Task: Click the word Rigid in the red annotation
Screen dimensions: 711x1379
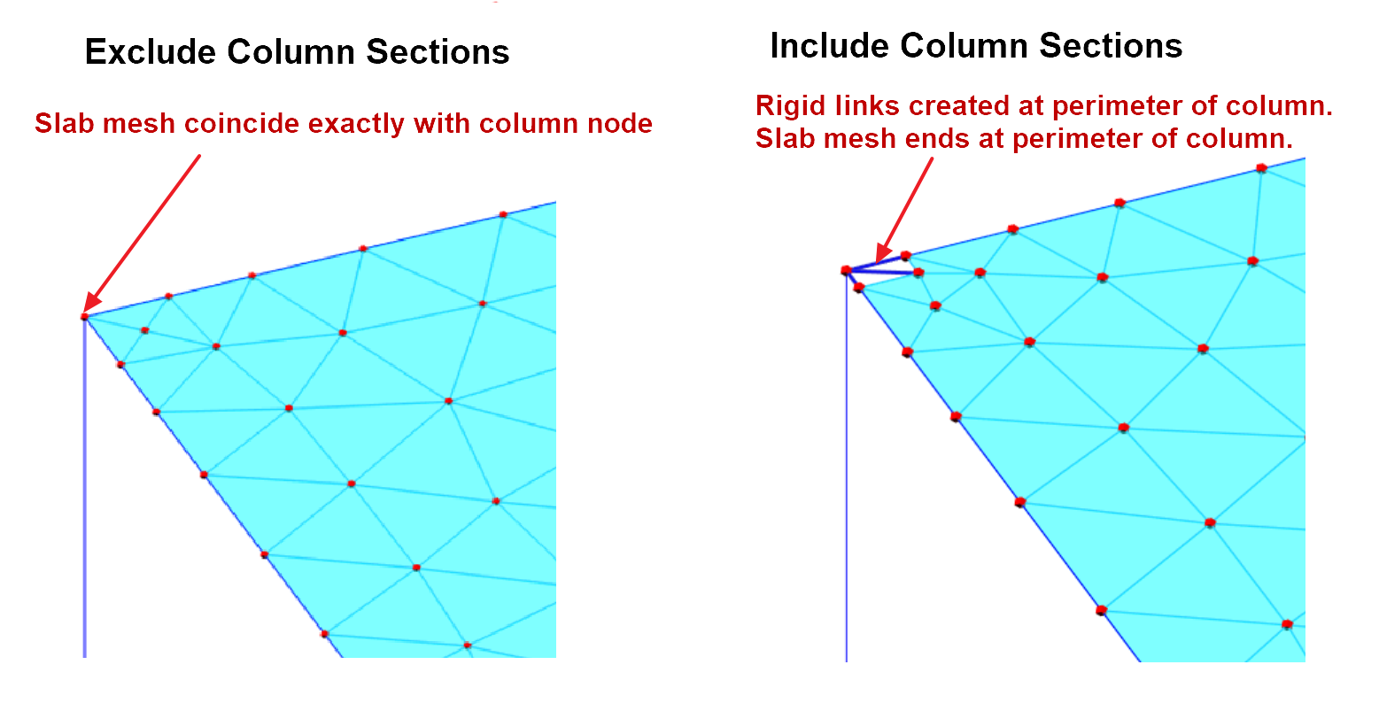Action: tap(785, 106)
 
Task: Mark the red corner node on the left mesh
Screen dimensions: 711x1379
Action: tap(85, 316)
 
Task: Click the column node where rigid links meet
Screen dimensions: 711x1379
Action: tap(847, 269)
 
